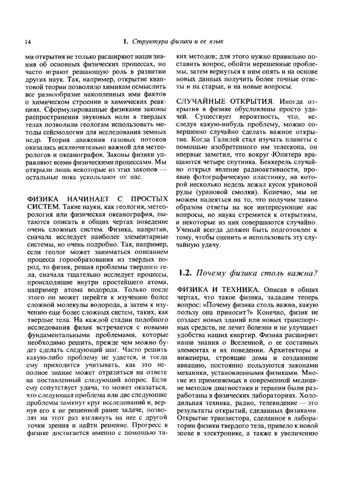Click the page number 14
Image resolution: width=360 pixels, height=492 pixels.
[27, 42]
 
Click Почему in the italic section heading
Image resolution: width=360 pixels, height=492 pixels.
[209, 273]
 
